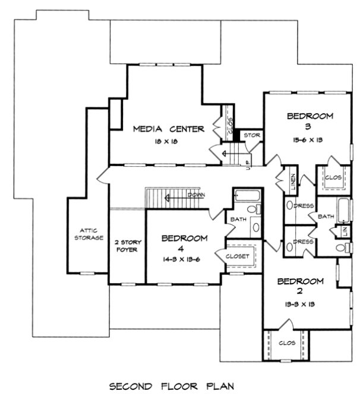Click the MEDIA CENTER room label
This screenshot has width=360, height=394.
click(x=169, y=128)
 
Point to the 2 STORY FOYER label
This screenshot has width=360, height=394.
click(x=126, y=246)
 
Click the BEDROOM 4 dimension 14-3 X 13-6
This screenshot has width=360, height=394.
click(x=185, y=259)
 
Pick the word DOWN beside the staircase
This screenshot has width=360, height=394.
click(x=197, y=195)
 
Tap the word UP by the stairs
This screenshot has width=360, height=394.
click(x=248, y=168)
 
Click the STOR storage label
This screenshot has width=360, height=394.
click(x=252, y=135)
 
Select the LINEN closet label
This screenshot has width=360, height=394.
click(x=293, y=181)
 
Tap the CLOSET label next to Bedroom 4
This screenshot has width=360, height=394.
click(x=240, y=256)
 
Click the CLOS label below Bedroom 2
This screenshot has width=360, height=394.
click(x=287, y=343)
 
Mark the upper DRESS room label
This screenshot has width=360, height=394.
click(x=304, y=206)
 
